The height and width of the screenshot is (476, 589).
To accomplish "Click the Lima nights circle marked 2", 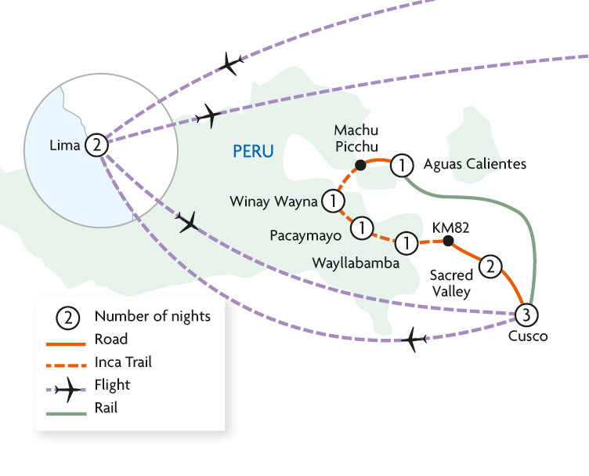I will [x=96, y=144].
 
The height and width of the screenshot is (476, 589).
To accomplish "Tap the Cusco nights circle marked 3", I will [x=526, y=315].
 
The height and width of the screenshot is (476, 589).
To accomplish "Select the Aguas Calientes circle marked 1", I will [x=401, y=164].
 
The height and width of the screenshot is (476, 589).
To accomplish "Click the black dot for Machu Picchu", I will [x=360, y=165].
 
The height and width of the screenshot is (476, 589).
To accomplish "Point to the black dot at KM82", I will [x=448, y=242].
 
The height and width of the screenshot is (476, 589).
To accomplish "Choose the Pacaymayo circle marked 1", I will [x=362, y=227].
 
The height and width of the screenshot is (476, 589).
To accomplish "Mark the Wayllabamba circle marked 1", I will [x=407, y=241].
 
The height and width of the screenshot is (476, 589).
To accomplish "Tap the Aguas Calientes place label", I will [x=475, y=164].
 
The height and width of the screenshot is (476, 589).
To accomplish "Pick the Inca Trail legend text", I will [x=122, y=362].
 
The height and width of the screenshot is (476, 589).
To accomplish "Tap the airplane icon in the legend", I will [x=72, y=385].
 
